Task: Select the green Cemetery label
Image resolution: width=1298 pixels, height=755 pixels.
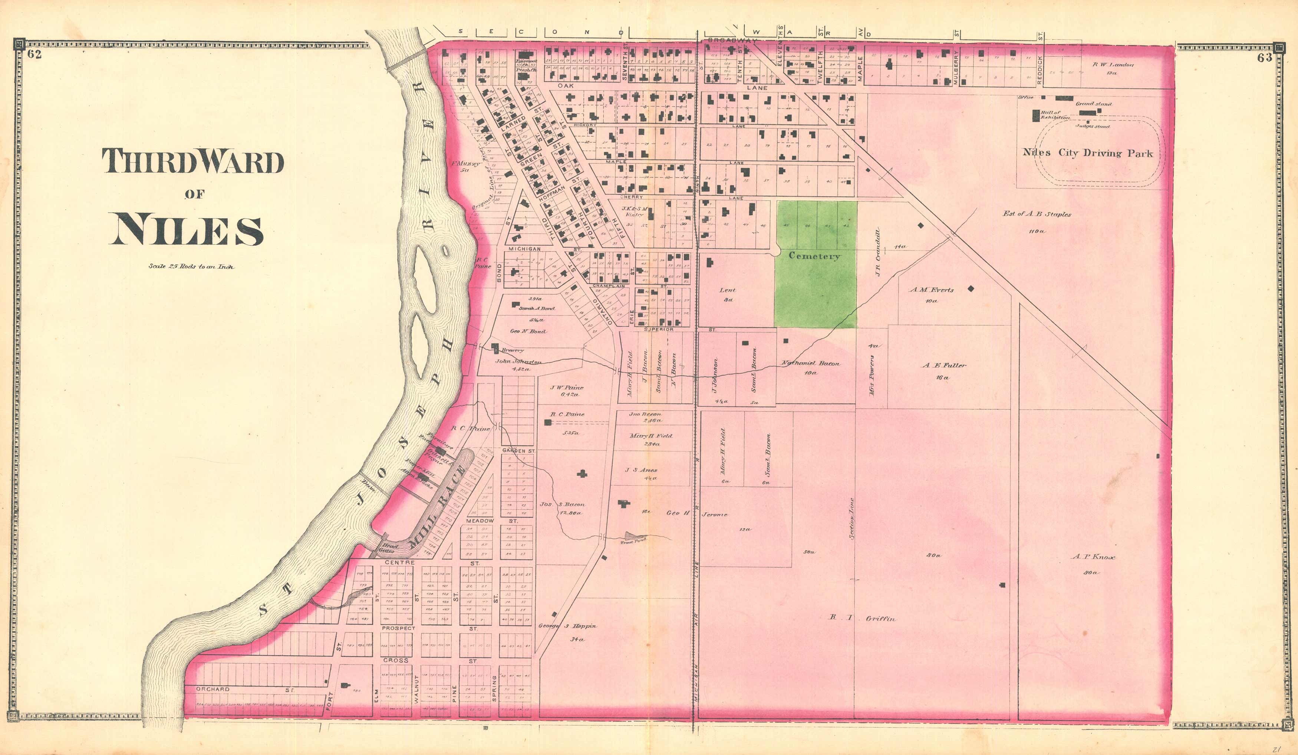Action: (814, 256)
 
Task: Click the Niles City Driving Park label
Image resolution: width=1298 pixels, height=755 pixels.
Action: (1088, 153)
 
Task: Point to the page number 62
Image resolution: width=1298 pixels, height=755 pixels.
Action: (34, 54)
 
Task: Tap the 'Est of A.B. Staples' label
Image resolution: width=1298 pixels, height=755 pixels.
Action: (1037, 214)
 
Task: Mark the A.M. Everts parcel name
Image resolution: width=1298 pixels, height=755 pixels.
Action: (931, 290)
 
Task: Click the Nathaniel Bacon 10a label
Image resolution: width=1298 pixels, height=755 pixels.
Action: (810, 363)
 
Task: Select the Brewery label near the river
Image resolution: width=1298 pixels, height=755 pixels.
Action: (513, 350)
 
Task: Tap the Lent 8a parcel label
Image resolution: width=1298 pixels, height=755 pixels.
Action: (727, 290)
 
